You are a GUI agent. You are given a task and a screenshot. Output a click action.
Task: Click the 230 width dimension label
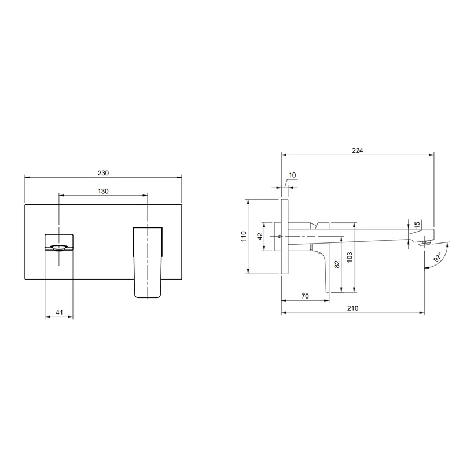click(x=103, y=173)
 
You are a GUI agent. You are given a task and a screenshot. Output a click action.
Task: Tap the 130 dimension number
click(x=103, y=192)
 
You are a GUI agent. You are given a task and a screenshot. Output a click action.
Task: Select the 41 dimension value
click(x=60, y=312)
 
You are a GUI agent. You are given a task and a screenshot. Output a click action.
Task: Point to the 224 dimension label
click(x=357, y=150)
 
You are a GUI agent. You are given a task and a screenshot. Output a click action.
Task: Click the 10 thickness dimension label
click(x=292, y=175)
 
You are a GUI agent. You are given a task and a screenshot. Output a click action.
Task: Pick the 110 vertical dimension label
click(x=244, y=236)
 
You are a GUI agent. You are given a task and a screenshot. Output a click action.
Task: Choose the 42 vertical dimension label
click(x=260, y=236)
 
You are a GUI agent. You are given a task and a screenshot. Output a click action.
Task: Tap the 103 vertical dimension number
click(x=350, y=257)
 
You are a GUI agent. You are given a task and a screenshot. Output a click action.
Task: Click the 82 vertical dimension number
click(x=337, y=264)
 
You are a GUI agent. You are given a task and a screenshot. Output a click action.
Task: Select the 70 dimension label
click(x=305, y=296)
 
